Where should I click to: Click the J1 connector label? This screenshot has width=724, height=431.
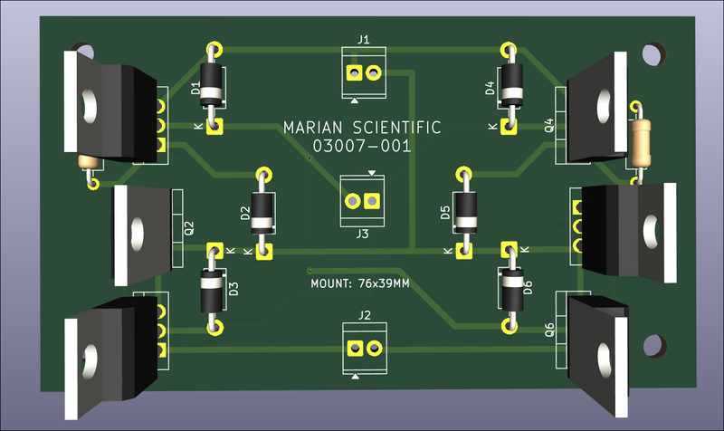tap(364, 39)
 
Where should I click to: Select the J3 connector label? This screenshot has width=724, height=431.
tap(362, 234)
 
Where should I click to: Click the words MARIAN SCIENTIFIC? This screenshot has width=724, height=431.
tap(362, 128)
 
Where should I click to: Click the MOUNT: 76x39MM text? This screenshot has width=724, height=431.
tap(360, 283)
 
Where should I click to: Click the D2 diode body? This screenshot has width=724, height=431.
tap(264, 211)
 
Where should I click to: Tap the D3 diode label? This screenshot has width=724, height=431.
tap(233, 290)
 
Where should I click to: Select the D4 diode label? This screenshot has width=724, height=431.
tap(490, 88)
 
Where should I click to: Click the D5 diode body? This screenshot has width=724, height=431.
tap(465, 211)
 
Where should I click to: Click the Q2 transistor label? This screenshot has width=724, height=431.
tap(188, 228)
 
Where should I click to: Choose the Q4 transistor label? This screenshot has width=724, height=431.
tap(548, 126)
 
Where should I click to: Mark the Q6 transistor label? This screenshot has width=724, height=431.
tap(548, 330)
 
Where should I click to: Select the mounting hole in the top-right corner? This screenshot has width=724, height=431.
tap(651, 53)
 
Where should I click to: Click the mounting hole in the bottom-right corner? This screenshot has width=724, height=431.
tap(651, 342)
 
